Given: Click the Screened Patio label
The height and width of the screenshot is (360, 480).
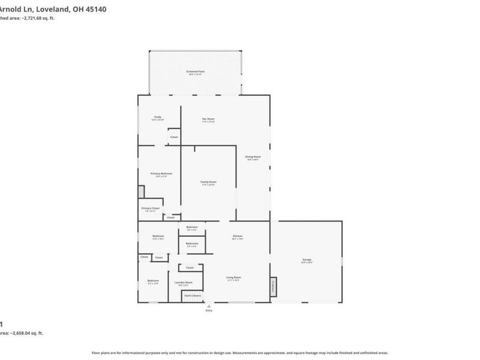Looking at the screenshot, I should (196, 71).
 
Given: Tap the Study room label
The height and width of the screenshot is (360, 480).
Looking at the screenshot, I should (158, 117).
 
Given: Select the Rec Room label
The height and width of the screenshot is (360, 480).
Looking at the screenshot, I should (208, 119).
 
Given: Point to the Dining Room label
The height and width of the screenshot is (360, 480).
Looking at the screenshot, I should (253, 157).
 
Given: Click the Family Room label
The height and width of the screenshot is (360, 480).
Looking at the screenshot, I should (208, 182).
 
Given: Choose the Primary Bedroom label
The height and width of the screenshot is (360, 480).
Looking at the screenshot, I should (161, 173).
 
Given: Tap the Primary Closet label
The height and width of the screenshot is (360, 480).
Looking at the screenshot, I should (151, 208).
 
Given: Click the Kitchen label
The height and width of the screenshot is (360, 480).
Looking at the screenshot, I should (238, 236).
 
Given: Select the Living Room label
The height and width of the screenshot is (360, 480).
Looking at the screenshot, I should (233, 277).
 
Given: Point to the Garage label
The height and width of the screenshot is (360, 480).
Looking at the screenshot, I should (307, 260).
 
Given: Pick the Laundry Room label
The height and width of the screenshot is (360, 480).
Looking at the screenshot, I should (184, 282).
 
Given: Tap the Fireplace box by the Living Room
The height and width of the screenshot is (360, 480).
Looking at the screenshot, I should (274, 286).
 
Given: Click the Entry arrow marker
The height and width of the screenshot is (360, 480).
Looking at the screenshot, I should (209, 305).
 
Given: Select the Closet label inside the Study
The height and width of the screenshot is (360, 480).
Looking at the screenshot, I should (173, 137).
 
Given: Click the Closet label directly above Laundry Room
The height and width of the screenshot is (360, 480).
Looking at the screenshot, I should (190, 268).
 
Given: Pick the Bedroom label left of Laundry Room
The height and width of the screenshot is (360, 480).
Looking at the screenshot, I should (154, 280).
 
